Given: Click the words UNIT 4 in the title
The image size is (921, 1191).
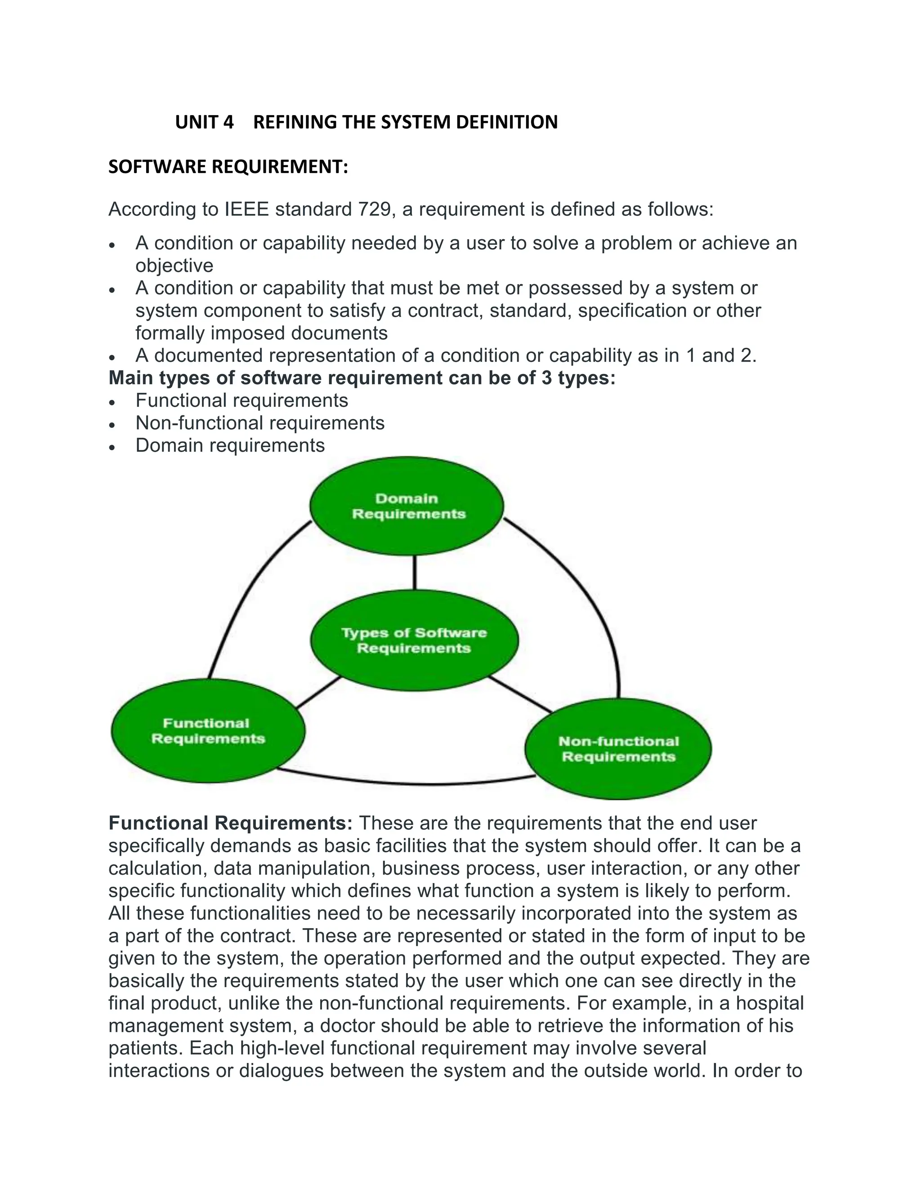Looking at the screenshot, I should click(204, 122).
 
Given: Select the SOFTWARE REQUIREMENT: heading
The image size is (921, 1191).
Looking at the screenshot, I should click(228, 167).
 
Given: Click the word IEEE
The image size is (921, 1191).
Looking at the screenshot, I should click(246, 209).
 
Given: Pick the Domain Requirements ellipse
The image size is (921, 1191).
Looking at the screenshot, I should click(407, 507).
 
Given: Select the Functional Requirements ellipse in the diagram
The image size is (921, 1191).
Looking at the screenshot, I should click(208, 731).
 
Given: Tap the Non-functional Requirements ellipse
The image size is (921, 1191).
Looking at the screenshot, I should click(618, 749).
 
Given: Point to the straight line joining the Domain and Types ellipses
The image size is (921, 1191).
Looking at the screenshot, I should click(415, 573).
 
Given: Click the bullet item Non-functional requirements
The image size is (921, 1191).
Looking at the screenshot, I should click(260, 423).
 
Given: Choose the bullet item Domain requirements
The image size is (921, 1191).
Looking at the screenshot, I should click(230, 445).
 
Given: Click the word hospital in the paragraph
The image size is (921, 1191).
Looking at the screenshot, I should click(769, 1004).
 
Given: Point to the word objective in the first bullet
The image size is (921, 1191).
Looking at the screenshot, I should click(174, 266).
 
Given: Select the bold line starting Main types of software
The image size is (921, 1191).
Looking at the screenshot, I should click(362, 378).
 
